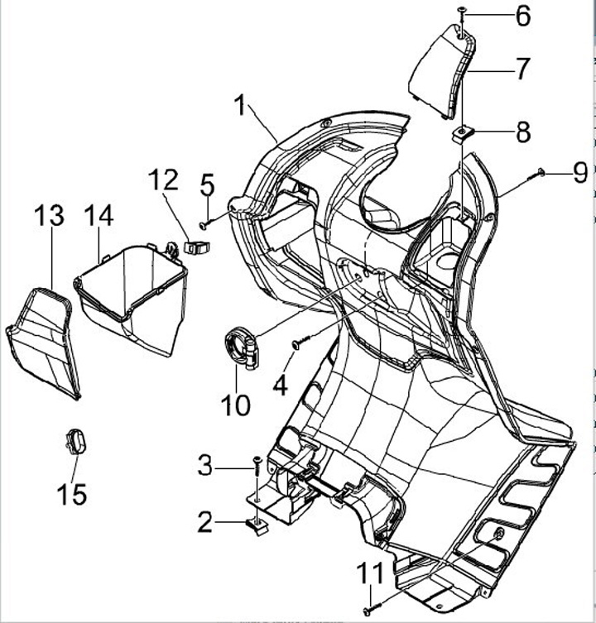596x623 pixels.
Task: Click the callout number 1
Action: point(241,106)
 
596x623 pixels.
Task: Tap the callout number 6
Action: point(523,15)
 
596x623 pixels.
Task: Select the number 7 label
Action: point(522,69)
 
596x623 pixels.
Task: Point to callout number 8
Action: point(523,132)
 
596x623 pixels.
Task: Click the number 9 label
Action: point(579,172)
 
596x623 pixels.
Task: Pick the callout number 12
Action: point(163,179)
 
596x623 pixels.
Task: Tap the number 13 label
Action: point(49,217)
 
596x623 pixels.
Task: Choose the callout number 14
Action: point(99,217)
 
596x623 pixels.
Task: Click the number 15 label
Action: point(72,495)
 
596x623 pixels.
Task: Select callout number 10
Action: point(235,405)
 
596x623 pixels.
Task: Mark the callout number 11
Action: point(371,572)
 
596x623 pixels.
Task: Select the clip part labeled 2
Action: point(257,524)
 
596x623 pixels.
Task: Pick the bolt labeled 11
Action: point(367,610)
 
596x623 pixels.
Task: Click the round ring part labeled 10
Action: point(241,345)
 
